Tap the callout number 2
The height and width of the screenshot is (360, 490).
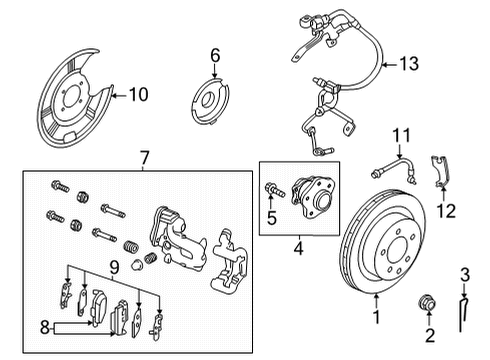[429, 336]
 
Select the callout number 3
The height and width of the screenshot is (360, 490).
[463, 275]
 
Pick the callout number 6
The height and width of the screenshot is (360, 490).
[214, 53]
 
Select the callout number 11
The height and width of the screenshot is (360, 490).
[402, 134]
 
